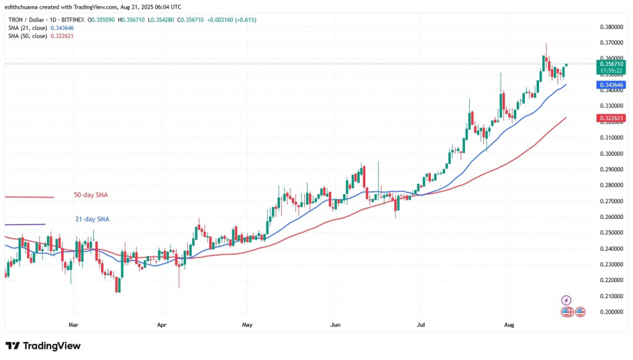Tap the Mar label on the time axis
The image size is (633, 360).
click(x=74, y=324)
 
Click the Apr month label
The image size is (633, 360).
click(x=161, y=324)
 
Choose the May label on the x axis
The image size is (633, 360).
click(x=247, y=324)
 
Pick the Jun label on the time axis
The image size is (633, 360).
click(x=336, y=324)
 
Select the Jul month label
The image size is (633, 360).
click(x=420, y=324)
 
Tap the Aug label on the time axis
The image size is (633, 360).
click(x=509, y=324)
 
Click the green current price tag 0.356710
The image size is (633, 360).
click(x=611, y=63)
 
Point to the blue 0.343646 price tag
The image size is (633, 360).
click(x=611, y=84)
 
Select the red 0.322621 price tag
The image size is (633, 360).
click(x=611, y=118)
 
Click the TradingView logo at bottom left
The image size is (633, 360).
click(x=43, y=346)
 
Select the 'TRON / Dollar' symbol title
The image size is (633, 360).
click(x=25, y=20)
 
